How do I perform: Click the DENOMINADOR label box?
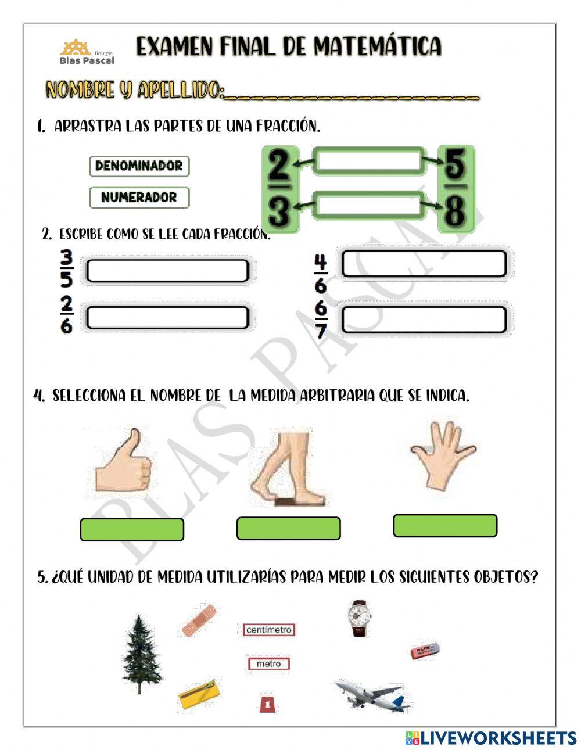coord(139,166)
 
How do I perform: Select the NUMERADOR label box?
coord(139,198)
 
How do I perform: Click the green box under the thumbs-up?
coord(132,530)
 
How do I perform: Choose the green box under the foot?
coord(289,529)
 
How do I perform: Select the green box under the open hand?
coord(445,526)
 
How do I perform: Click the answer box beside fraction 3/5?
coord(167,271)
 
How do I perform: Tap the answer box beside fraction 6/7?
coord(424,320)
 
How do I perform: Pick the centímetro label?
coord(268,630)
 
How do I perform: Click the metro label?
coord(268,663)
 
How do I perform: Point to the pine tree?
coord(141,654)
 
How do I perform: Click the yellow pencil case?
coord(199,694)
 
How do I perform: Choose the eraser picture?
coord(426,651)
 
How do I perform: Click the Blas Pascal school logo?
coord(87,52)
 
